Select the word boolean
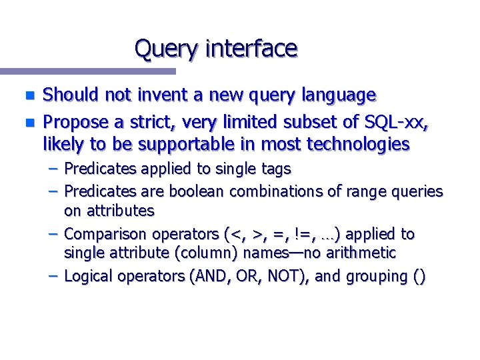[197, 192]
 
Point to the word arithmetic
[362, 253]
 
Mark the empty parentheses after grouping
[418, 276]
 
